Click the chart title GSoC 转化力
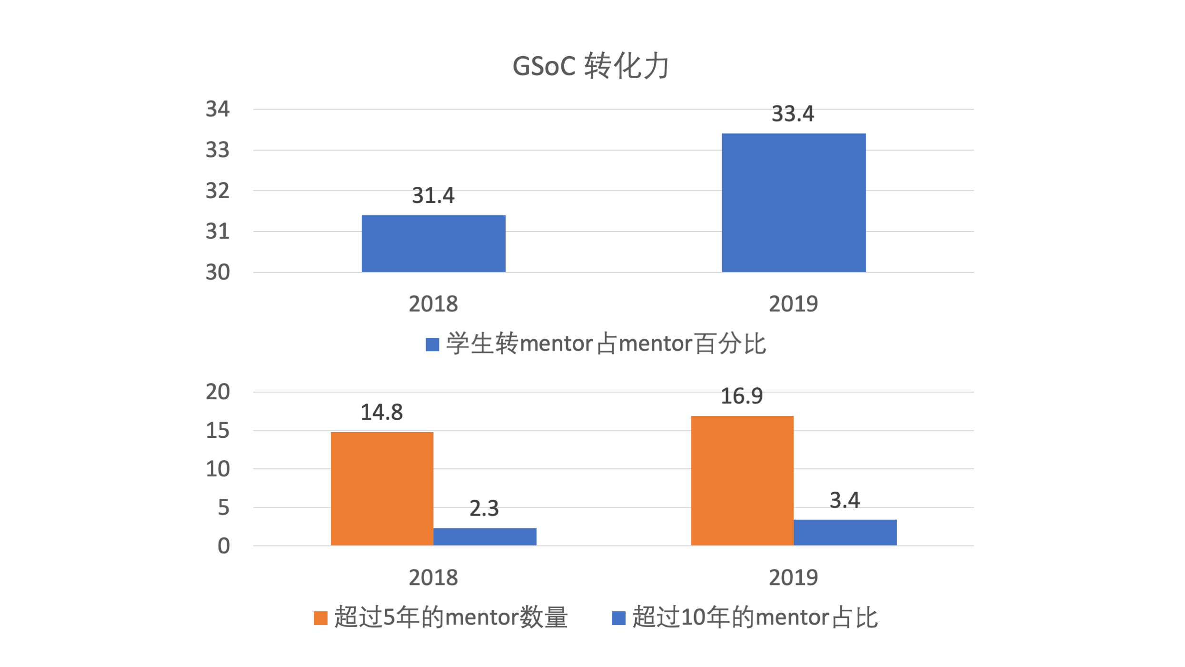[591, 66]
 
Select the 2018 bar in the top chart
[433, 243]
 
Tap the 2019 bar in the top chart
[794, 203]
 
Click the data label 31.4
[433, 195]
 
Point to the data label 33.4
[793, 114]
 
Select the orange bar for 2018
[382, 488]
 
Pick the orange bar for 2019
[742, 480]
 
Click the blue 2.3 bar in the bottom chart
[485, 536]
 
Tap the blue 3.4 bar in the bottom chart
[845, 532]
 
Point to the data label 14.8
[381, 413]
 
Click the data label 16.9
[742, 396]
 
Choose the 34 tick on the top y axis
[218, 109]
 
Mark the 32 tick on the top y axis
[218, 191]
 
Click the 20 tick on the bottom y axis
[218, 392]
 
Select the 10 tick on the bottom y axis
[218, 469]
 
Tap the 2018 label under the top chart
[433, 304]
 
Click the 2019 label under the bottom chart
[793, 578]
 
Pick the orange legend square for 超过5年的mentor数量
[320, 618]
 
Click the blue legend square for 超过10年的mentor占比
[618, 618]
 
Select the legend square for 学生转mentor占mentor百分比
[432, 344]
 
